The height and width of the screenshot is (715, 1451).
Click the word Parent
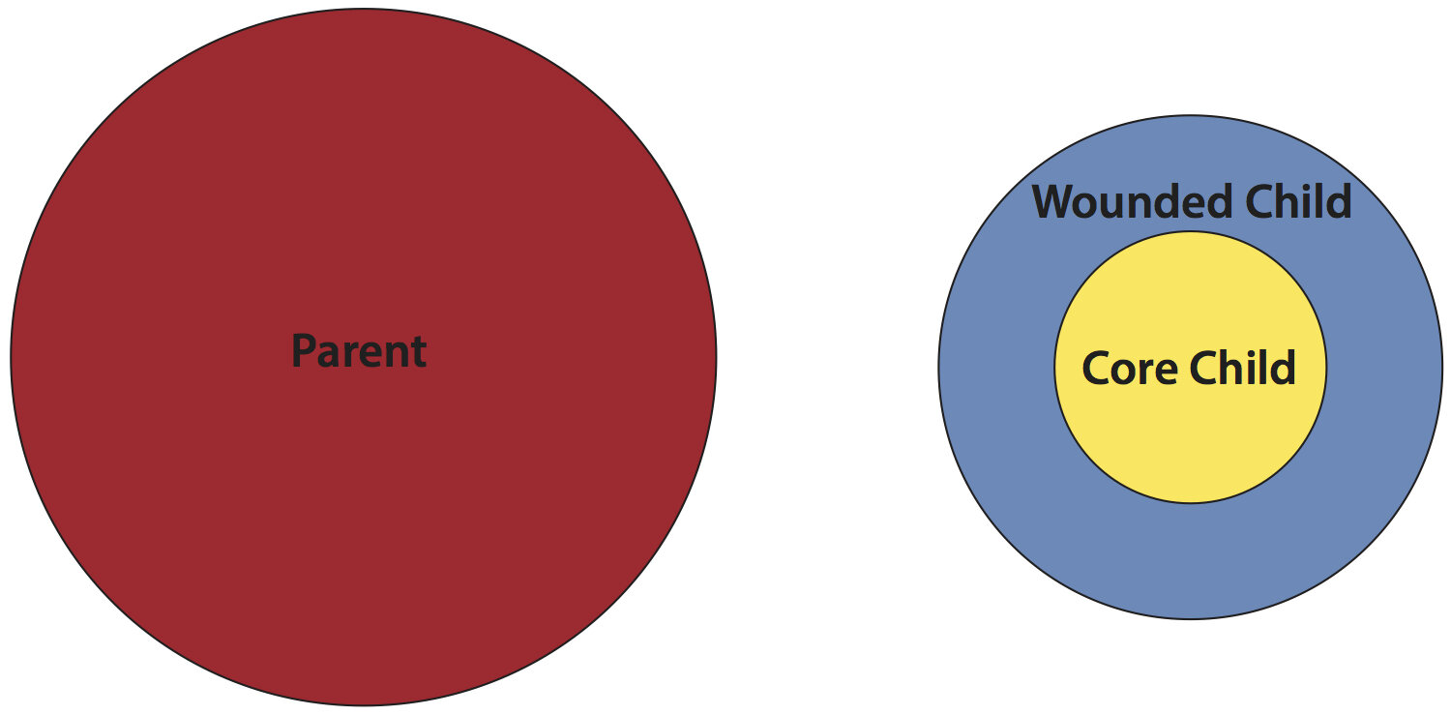point(359,351)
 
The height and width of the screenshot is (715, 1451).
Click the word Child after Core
point(1242,369)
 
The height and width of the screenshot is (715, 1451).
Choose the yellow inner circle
point(1190,445)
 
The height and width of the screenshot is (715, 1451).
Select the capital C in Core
point(1096,369)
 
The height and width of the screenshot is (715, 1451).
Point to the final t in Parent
point(419,352)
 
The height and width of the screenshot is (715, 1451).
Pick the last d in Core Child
point(1283,369)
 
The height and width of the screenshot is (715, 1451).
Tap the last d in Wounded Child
point(1339,202)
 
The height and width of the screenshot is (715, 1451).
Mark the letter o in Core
point(1124,372)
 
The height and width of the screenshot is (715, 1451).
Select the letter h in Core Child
point(1229,369)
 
